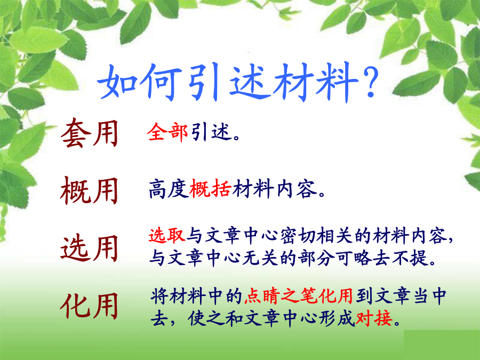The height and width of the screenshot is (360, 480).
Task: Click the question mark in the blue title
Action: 370,82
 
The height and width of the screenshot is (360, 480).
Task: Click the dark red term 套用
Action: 90,133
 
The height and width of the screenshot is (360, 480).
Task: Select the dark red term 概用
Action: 90,190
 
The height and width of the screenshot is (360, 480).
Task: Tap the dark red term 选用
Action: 90,248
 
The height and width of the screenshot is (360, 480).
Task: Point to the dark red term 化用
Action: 90,306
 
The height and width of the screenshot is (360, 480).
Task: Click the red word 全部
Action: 167,132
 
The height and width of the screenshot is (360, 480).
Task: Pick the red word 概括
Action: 210,189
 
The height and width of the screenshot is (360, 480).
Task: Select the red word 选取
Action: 167,236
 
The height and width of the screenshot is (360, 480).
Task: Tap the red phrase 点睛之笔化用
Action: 299,296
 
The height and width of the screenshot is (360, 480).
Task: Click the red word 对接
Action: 374,318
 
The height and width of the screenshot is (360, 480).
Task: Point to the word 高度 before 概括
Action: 169,189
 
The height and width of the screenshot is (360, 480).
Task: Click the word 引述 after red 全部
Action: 211,132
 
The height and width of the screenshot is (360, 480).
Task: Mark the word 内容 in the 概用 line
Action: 297,189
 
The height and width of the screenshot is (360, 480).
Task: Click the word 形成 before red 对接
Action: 337,318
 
